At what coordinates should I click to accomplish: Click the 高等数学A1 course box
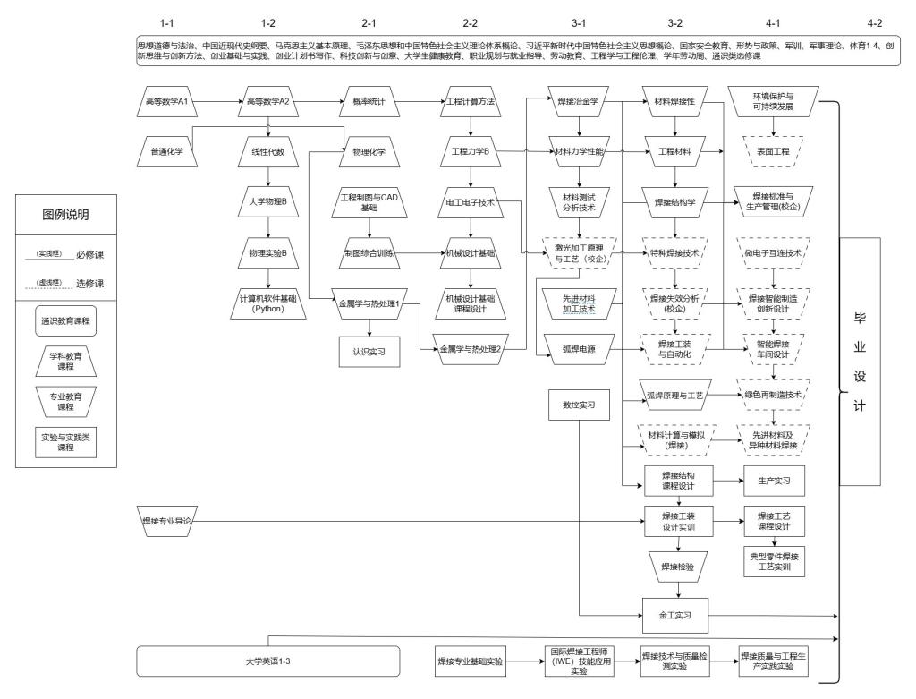pos(167,102)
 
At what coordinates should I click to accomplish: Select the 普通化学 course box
pos(167,152)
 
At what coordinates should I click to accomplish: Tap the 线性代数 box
pos(268,152)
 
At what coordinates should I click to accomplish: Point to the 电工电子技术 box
pos(470,203)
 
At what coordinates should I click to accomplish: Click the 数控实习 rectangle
pos(579,405)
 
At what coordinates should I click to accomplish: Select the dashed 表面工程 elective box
pos(774,152)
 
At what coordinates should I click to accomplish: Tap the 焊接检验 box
pos(677,566)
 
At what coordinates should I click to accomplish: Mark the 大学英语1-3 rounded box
pos(268,661)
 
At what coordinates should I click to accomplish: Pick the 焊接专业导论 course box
pos(167,520)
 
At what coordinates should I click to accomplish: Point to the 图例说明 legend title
pos(67,215)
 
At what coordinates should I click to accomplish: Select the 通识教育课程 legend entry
pos(67,320)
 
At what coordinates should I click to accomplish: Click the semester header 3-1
pos(579,21)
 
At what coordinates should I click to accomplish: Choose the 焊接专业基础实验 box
pos(470,661)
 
